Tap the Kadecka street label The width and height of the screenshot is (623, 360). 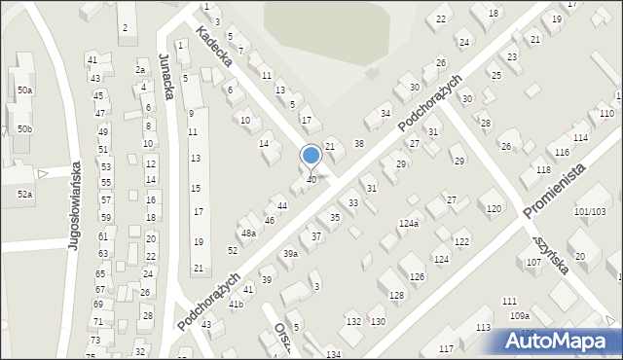pyautogui.click(x=213, y=46)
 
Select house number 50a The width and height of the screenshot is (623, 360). pyautogui.click(x=24, y=90)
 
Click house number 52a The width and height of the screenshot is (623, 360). pyautogui.click(x=24, y=195)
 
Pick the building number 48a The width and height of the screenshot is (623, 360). pyautogui.click(x=248, y=234)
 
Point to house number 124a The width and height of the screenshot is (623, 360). pyautogui.click(x=408, y=224)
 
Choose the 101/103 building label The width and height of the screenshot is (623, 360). pyautogui.click(x=590, y=211)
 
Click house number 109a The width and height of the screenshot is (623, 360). pyautogui.click(x=520, y=315)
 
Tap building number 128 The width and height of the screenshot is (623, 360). pyautogui.click(x=396, y=295)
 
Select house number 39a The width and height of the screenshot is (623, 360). pyautogui.click(x=290, y=253)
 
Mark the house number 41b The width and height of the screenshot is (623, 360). pyautogui.click(x=236, y=305)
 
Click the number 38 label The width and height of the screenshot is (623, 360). pyautogui.click(x=358, y=144)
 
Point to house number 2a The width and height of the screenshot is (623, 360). pyautogui.click(x=140, y=70)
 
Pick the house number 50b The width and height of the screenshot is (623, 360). pyautogui.click(x=24, y=129)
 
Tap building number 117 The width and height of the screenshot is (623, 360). pyautogui.click(x=447, y=348)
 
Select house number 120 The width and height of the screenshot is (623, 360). pyautogui.click(x=495, y=209)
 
